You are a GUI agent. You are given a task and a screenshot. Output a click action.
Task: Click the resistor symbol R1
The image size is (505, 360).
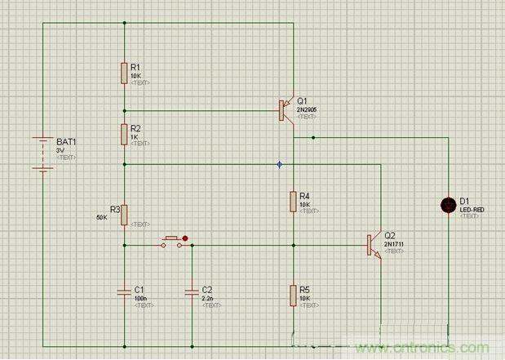point(124,73)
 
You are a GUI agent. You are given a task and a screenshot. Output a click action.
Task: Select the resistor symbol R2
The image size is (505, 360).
point(124,134)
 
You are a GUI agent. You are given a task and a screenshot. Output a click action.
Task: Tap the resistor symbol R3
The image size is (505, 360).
point(124,215)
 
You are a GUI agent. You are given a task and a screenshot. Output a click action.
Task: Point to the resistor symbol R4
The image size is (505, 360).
point(294,201)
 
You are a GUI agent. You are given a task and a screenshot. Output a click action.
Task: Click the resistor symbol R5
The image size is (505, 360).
point(294,295)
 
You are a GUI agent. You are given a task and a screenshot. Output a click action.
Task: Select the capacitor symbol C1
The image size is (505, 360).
point(124,290)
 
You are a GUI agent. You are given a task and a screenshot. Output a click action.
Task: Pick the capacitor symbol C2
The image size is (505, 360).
point(193,290)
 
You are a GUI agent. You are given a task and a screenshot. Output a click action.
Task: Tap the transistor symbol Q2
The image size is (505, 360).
point(373,245)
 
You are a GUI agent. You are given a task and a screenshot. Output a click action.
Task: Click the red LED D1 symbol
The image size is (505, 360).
point(448,205)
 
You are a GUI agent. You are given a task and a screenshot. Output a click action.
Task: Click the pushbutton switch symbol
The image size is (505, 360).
point(173,240)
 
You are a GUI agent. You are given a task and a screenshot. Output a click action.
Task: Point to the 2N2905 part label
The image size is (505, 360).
point(307,109)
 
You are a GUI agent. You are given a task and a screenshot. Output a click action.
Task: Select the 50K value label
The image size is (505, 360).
point(102,219)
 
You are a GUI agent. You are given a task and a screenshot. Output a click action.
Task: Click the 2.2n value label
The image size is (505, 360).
point(206,298)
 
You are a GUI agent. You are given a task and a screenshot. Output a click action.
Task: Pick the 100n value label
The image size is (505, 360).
point(140,298)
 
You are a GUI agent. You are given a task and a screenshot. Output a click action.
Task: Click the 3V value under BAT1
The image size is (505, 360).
point(60,151)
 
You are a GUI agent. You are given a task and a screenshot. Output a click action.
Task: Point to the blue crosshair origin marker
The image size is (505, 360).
point(281,164)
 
